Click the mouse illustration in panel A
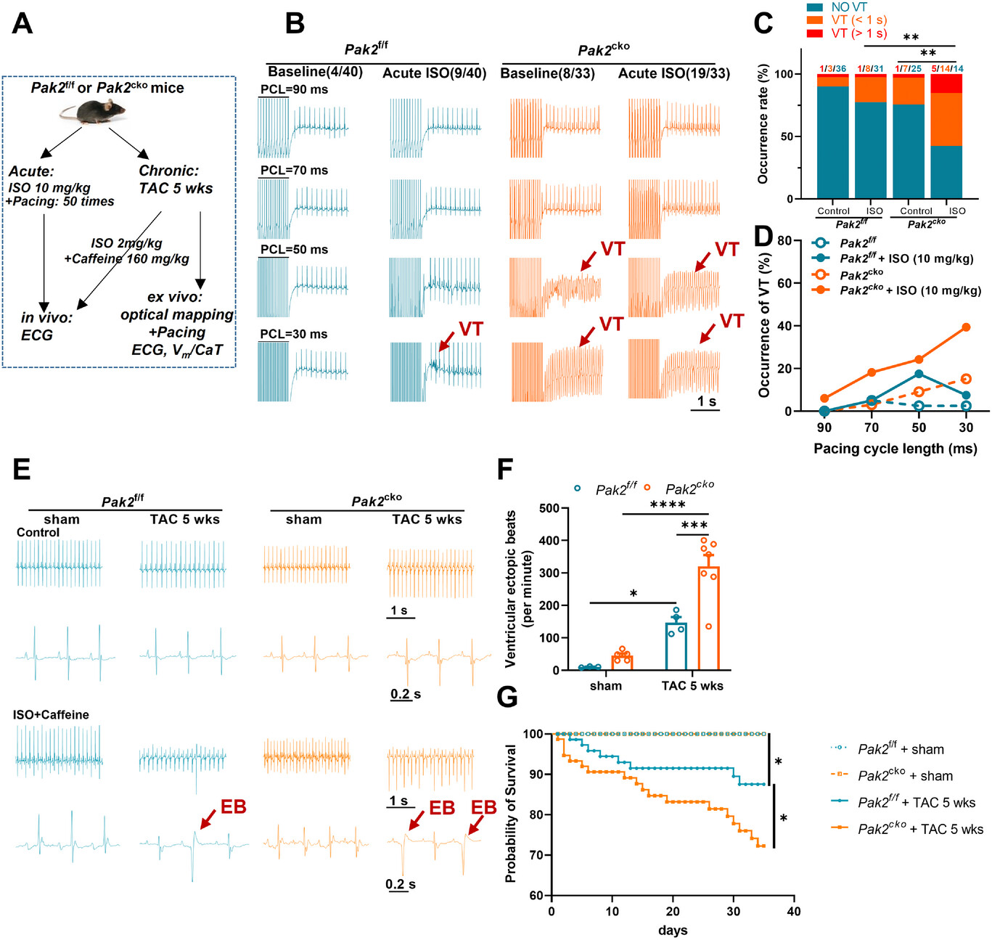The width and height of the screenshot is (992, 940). pos(92,111)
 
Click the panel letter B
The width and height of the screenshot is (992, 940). pos(295,24)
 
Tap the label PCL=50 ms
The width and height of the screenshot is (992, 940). pos(294,249)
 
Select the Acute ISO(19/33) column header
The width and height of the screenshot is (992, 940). pos(673,73)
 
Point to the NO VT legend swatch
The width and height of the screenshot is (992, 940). pos(814,7)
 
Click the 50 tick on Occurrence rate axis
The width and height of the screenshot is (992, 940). pos(784,136)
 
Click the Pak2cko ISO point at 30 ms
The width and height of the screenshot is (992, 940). pos(966,327)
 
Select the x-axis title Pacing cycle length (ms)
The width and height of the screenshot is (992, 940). pos(895,449)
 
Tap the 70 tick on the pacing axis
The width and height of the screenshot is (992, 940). pos(872,428)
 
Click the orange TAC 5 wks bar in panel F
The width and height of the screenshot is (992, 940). pos(708,618)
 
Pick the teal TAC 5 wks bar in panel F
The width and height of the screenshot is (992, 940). pos(676,645)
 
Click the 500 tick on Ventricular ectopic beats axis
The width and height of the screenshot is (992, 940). pos(549,508)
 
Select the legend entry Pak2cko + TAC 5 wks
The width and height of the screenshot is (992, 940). pos(920,829)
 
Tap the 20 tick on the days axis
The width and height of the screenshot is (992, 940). pos(673,912)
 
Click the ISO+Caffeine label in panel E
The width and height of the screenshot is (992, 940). pos(51,715)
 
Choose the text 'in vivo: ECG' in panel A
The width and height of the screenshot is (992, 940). pos(46,326)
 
